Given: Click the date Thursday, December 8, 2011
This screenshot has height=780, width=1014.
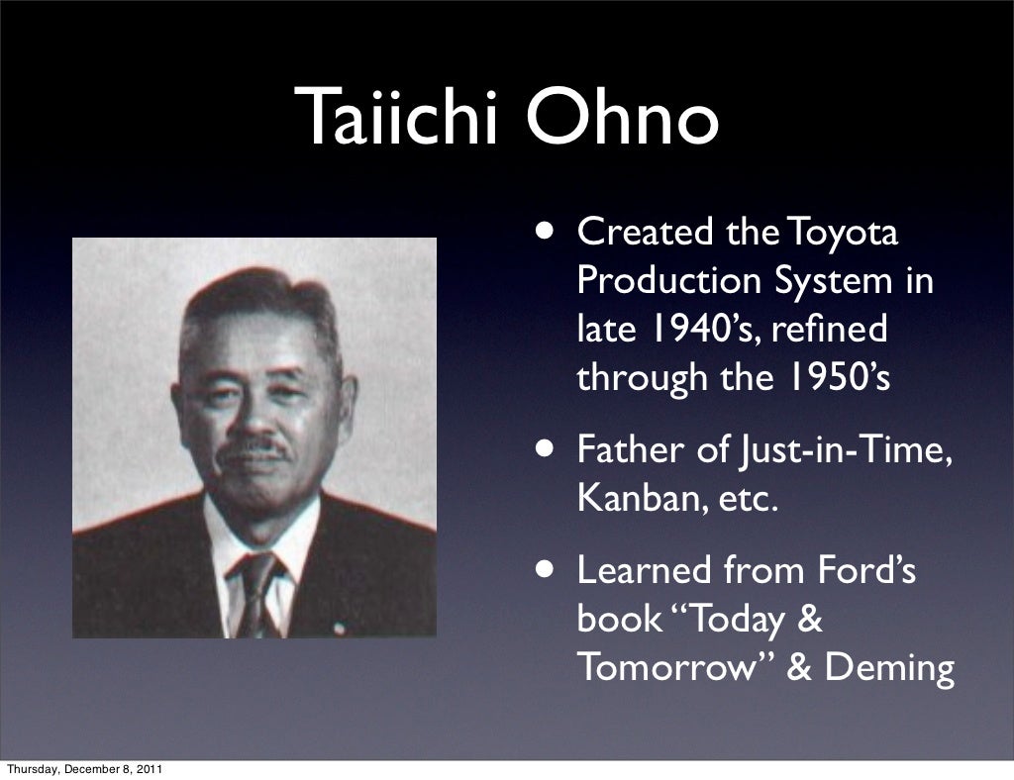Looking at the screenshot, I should [x=83, y=769].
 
